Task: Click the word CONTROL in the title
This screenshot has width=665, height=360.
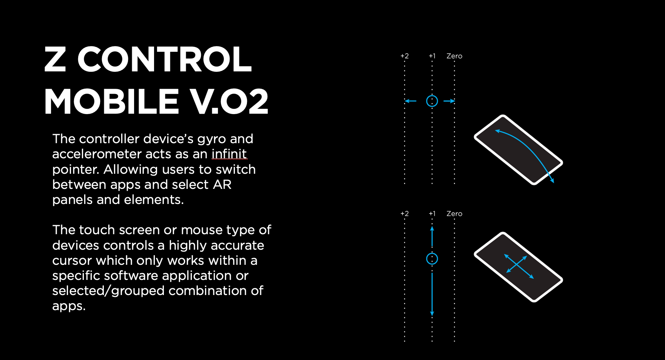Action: tap(164, 59)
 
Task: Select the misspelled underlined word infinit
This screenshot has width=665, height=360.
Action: tap(229, 154)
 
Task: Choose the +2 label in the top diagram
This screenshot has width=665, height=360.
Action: tap(404, 56)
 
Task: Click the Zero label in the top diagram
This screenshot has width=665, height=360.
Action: tap(454, 56)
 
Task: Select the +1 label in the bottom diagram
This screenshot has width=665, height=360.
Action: tap(432, 214)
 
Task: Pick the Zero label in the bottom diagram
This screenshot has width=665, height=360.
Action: tap(454, 214)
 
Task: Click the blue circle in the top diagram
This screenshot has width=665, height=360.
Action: tap(432, 101)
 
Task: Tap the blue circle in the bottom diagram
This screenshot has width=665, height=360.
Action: tap(432, 259)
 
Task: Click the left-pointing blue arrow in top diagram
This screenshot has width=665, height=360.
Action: tap(410, 101)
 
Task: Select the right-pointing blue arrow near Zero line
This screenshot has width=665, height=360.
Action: tap(449, 101)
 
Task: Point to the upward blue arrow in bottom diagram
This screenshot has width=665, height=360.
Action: tap(432, 236)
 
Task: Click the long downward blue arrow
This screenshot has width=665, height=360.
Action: tap(432, 295)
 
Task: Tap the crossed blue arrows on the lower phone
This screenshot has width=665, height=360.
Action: tap(519, 266)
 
